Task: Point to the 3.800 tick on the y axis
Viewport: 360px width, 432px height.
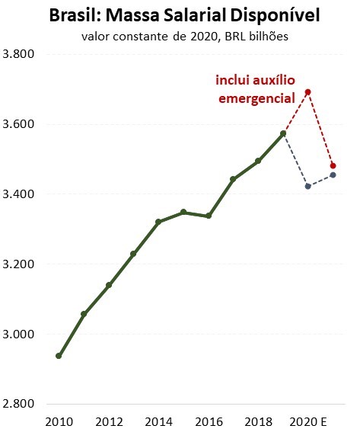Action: [x=19, y=54]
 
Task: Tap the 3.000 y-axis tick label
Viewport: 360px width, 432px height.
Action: [x=19, y=334]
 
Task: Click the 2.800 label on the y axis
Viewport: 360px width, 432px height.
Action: [x=19, y=405]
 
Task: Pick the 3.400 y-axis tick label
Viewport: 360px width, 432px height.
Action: [x=19, y=194]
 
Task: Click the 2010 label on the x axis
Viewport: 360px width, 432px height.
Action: [x=59, y=421]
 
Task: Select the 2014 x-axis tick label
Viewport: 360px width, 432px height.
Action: [x=158, y=421]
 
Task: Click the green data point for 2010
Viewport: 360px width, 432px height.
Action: [x=59, y=356]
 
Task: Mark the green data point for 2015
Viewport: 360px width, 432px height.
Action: [x=183, y=212]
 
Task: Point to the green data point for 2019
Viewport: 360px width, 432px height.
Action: [x=283, y=133]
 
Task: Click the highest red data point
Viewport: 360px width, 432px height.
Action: [x=308, y=92]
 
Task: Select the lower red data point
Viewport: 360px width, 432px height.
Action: [x=333, y=165]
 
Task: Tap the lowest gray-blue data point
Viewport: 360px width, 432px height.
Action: [x=308, y=186]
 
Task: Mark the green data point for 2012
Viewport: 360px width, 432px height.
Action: [x=109, y=285]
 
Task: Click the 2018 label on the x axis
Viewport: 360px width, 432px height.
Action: [x=258, y=421]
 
